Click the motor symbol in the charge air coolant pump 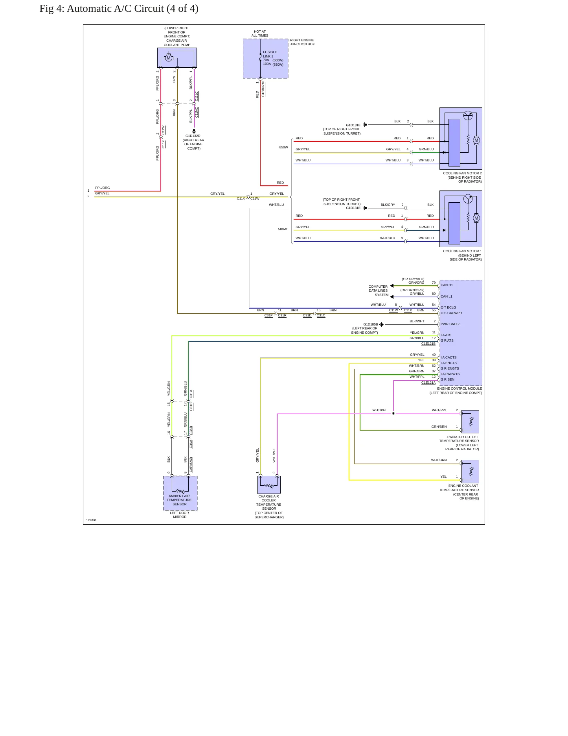pos(169,58)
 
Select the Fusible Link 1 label pos(268,54)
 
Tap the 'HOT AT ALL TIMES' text pos(260,33)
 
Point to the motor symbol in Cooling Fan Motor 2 pos(476,140)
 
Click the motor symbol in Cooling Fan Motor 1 pos(476,218)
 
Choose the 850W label pos(283,147)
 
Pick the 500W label pos(282,229)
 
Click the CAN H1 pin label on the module pos(447,285)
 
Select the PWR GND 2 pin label pos(450,324)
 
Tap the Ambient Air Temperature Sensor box pos(180,493)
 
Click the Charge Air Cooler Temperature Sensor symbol pos(269,485)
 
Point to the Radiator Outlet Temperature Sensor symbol pos(470,422)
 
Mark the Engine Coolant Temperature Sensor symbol pos(470,472)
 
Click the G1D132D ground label pos(193,136)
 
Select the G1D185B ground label pos(370,324)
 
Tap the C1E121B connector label pos(428,344)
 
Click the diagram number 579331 pos(91,520)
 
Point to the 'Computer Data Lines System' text pos(379,290)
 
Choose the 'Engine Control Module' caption pos(460,388)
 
